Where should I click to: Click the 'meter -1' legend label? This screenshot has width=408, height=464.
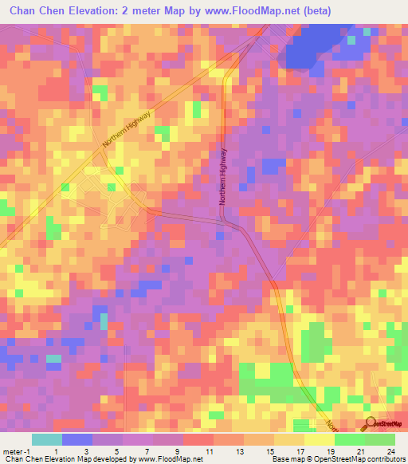[x=15, y=450]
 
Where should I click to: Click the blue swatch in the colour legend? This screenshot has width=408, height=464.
[x=77, y=439]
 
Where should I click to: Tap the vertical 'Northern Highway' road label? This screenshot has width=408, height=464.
[x=224, y=177]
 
